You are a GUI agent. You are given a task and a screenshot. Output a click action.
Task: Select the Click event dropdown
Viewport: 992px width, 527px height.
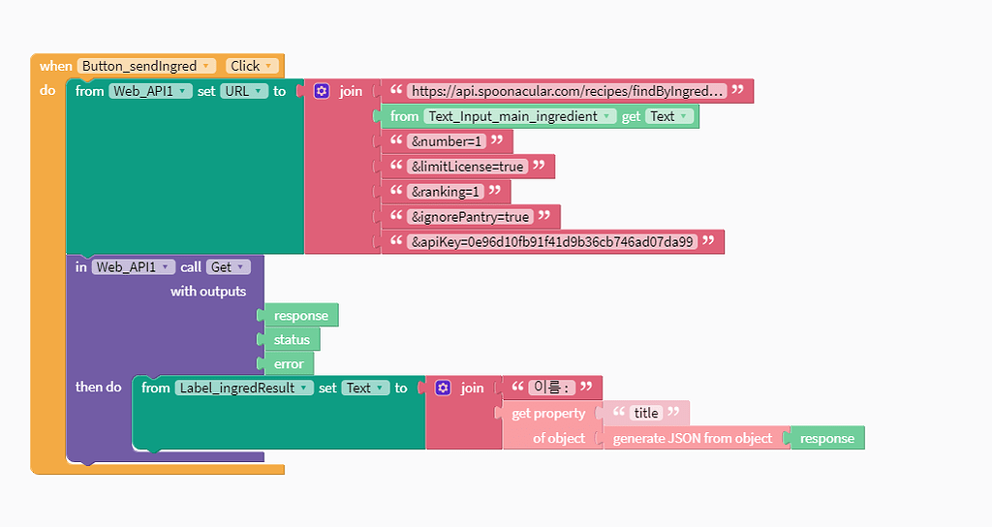click(x=253, y=66)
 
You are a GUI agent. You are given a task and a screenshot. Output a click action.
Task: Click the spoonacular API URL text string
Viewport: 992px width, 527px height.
click(x=567, y=91)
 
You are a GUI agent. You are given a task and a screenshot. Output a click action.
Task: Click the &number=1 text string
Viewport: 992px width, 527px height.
click(x=447, y=141)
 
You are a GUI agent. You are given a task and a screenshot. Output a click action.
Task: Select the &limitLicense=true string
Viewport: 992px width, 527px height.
click(x=468, y=167)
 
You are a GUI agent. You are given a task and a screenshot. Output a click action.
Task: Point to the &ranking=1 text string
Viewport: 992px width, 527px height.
click(x=446, y=192)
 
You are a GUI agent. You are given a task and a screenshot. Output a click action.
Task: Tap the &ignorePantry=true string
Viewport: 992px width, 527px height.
click(x=470, y=217)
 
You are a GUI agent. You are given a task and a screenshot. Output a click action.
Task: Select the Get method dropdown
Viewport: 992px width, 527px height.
click(x=229, y=266)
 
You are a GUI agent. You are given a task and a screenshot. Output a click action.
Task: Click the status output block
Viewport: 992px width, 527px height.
click(x=292, y=340)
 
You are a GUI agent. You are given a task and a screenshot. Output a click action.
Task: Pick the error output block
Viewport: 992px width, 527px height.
click(x=289, y=364)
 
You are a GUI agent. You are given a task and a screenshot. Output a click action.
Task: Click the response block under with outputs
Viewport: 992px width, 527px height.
click(x=300, y=316)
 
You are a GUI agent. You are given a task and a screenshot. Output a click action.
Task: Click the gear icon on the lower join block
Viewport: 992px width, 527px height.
click(x=443, y=387)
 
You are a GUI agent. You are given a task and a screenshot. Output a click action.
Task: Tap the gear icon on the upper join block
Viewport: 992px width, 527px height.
click(x=322, y=91)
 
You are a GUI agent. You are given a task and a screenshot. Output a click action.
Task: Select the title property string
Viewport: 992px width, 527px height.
click(x=646, y=413)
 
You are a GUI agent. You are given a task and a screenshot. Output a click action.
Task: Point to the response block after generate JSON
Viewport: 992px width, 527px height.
click(x=827, y=438)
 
